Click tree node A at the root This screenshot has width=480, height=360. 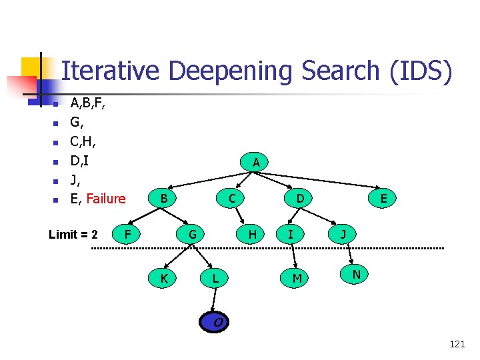tap(256, 162)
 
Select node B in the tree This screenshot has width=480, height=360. tap(163, 198)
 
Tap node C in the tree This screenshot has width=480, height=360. tap(231, 198)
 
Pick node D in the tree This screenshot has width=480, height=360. tap(301, 198)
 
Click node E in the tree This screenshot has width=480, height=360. tap(384, 198)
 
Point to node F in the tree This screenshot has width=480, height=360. tap(127, 234)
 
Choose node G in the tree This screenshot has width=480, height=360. tap(192, 234)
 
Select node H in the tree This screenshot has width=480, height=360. tap(252, 234)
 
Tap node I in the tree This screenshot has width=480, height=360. tap(290, 234)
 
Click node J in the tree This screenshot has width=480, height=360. tap(343, 234)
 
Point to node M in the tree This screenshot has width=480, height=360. tap(297, 278)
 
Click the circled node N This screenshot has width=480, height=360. tap(357, 274)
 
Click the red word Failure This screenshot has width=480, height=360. tap(106, 199)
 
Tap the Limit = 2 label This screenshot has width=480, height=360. tap(73, 235)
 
